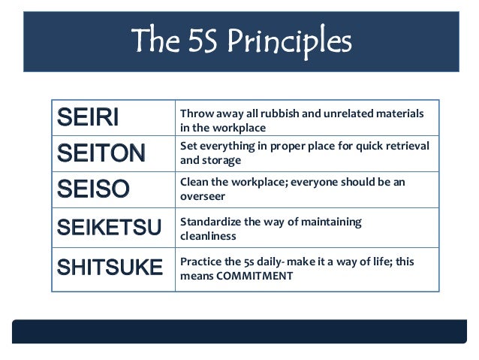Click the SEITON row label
pos(101,153)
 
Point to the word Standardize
pos(212,222)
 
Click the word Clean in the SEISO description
pos(194,181)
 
